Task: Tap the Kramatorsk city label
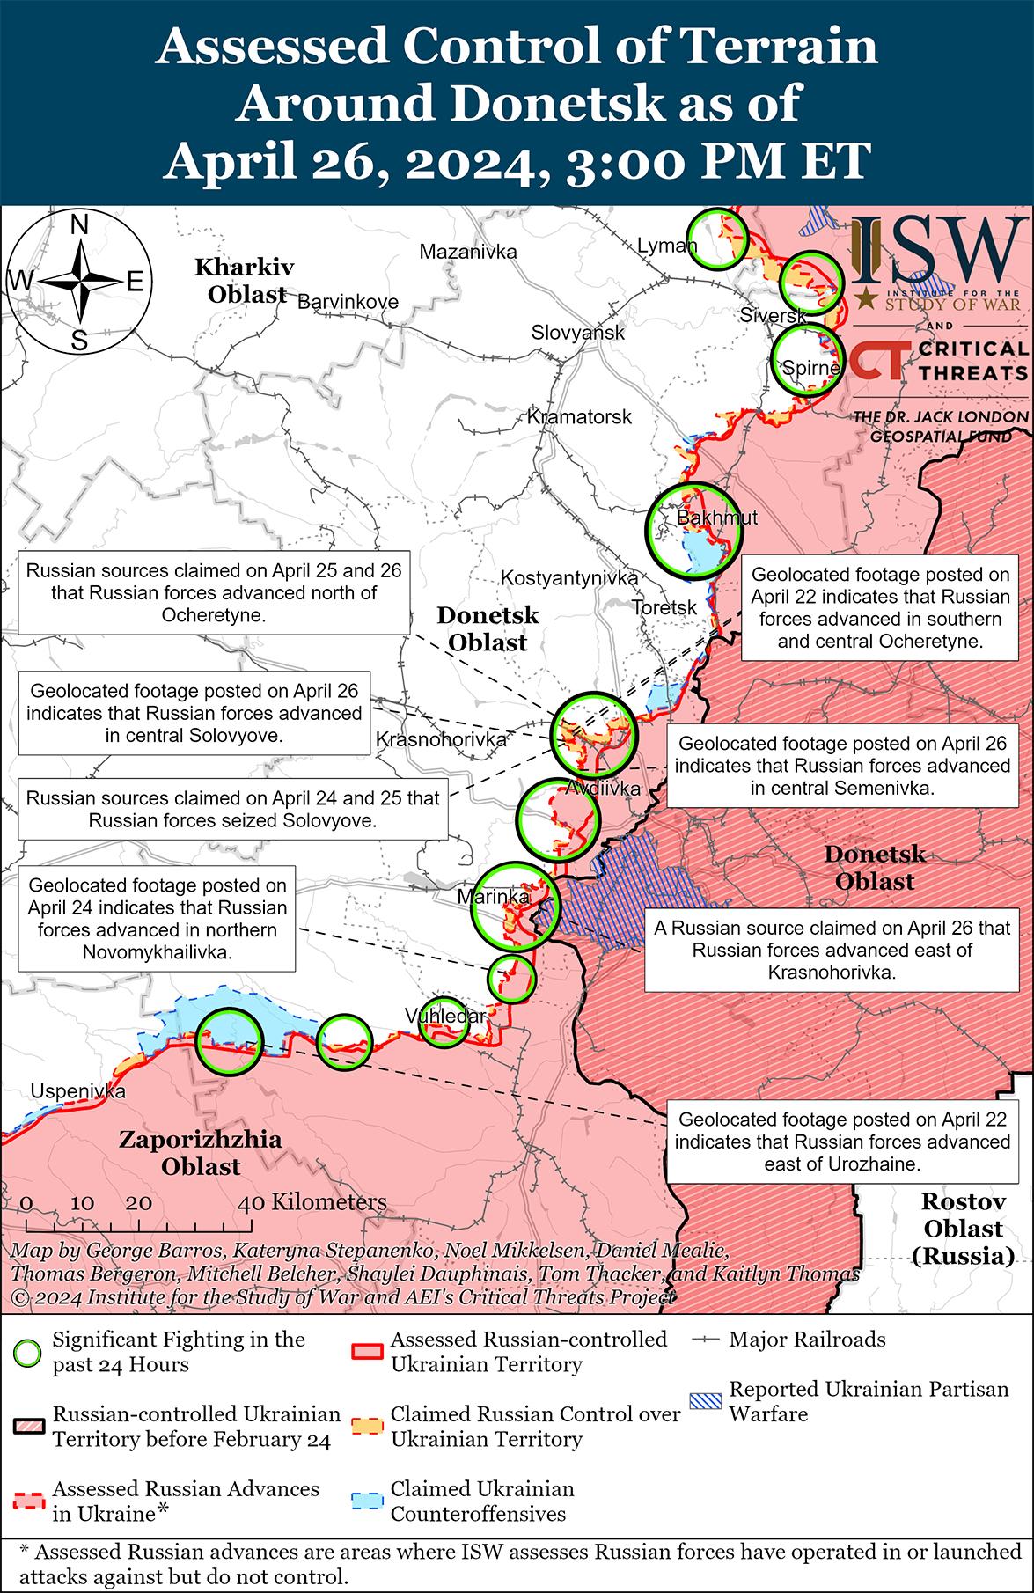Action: click(579, 416)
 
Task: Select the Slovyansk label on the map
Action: click(578, 333)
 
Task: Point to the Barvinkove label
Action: click(348, 302)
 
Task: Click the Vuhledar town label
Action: click(445, 1017)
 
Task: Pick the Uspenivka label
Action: click(78, 1091)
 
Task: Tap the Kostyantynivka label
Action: click(569, 578)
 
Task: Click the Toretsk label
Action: click(664, 607)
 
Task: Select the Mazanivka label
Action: click(468, 252)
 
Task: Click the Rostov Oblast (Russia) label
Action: click(963, 1228)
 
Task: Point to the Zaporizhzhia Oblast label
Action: click(201, 1153)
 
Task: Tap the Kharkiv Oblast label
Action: click(246, 280)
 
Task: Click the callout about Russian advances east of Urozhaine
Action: click(845, 1142)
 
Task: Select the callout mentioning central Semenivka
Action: click(842, 766)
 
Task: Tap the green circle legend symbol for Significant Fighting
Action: click(28, 1353)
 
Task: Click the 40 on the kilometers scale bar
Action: click(251, 1203)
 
